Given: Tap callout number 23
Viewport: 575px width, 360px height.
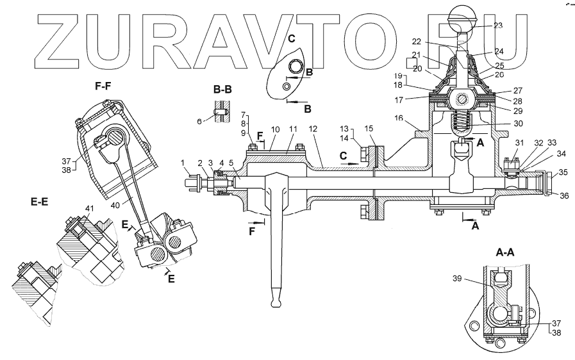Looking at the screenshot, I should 498,26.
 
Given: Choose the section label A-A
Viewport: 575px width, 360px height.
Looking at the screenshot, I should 506,252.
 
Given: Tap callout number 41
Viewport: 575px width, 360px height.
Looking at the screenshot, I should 89,208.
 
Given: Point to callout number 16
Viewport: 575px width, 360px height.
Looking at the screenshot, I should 399,119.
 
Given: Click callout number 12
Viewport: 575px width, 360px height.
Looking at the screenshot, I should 313,129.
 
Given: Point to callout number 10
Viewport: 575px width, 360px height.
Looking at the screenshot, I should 275,129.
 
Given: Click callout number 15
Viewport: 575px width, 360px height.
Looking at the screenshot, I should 369,129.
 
